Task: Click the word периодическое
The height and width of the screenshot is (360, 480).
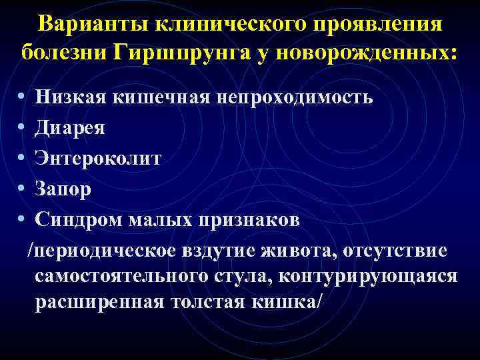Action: [100, 251]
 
